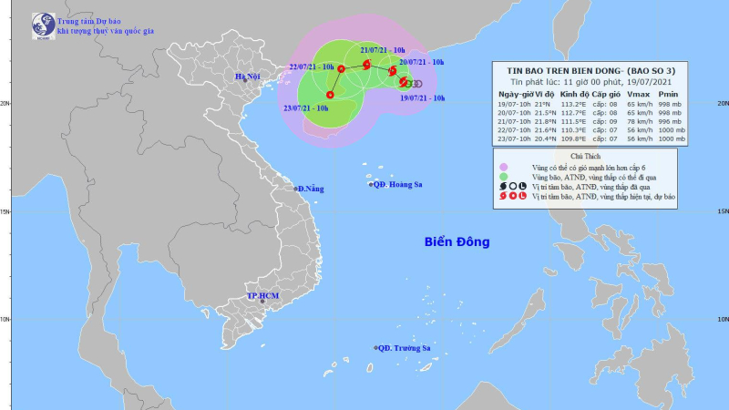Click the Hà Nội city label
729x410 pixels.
point(247,77)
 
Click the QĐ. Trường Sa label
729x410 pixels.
point(405,348)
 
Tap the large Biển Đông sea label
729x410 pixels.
point(457,242)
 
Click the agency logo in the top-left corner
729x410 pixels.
point(42,25)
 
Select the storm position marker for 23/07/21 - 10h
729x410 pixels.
point(330,95)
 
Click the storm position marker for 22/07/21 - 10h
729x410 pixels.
point(341,68)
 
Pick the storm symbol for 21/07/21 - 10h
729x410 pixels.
point(366,65)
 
